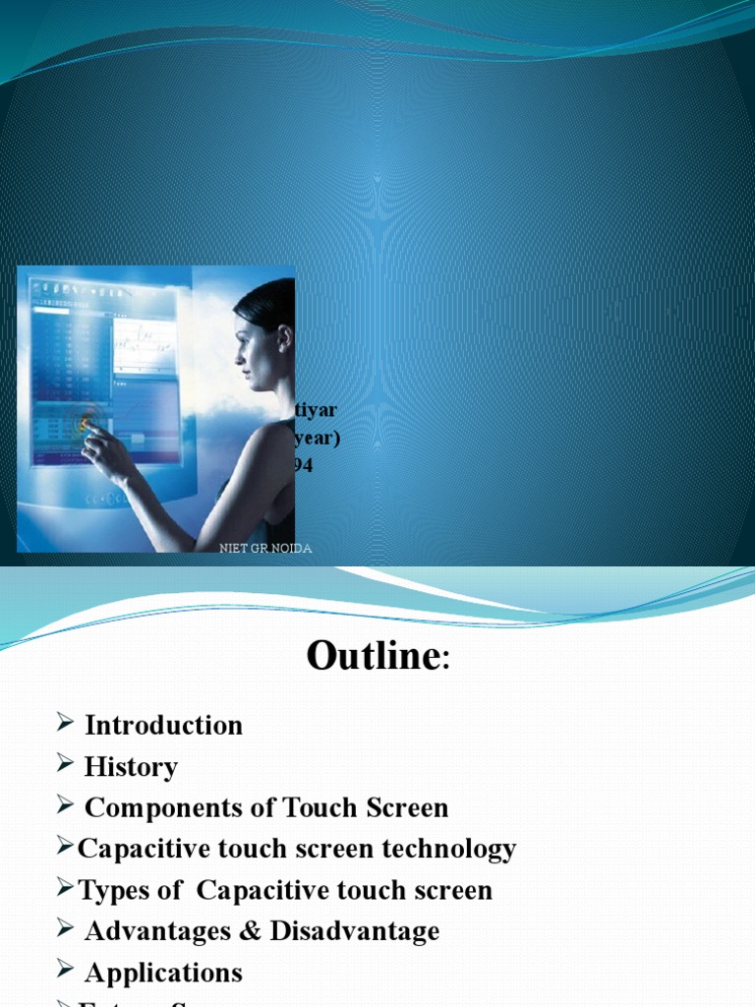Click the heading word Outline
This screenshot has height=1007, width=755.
[373, 656]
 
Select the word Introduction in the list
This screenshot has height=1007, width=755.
[163, 726]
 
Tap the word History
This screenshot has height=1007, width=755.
[131, 767]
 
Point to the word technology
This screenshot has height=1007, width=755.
[452, 849]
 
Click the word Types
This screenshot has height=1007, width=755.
[116, 891]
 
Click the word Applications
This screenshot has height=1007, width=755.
[163, 974]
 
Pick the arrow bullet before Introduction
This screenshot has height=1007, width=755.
[65, 725]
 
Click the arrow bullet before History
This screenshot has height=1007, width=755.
[65, 766]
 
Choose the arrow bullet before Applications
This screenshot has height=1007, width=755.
[65, 973]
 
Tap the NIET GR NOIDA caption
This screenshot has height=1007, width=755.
[265, 549]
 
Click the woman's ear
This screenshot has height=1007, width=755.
[284, 338]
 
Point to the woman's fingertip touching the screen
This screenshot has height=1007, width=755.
[87, 424]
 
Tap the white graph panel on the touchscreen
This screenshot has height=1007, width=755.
[144, 346]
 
